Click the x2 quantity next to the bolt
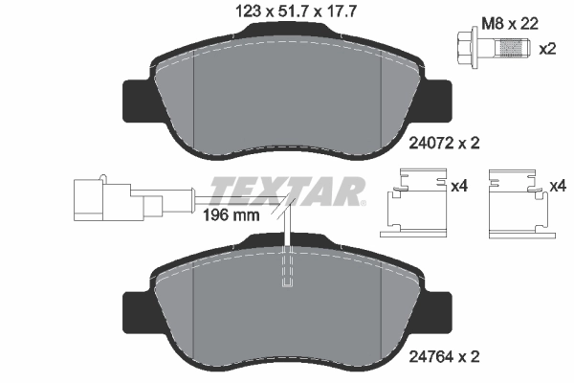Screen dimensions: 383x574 pyautogui.click(x=547, y=48)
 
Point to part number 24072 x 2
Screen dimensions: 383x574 pyautogui.click(x=443, y=143)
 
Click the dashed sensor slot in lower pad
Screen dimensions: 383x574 pyautogui.click(x=288, y=268)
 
